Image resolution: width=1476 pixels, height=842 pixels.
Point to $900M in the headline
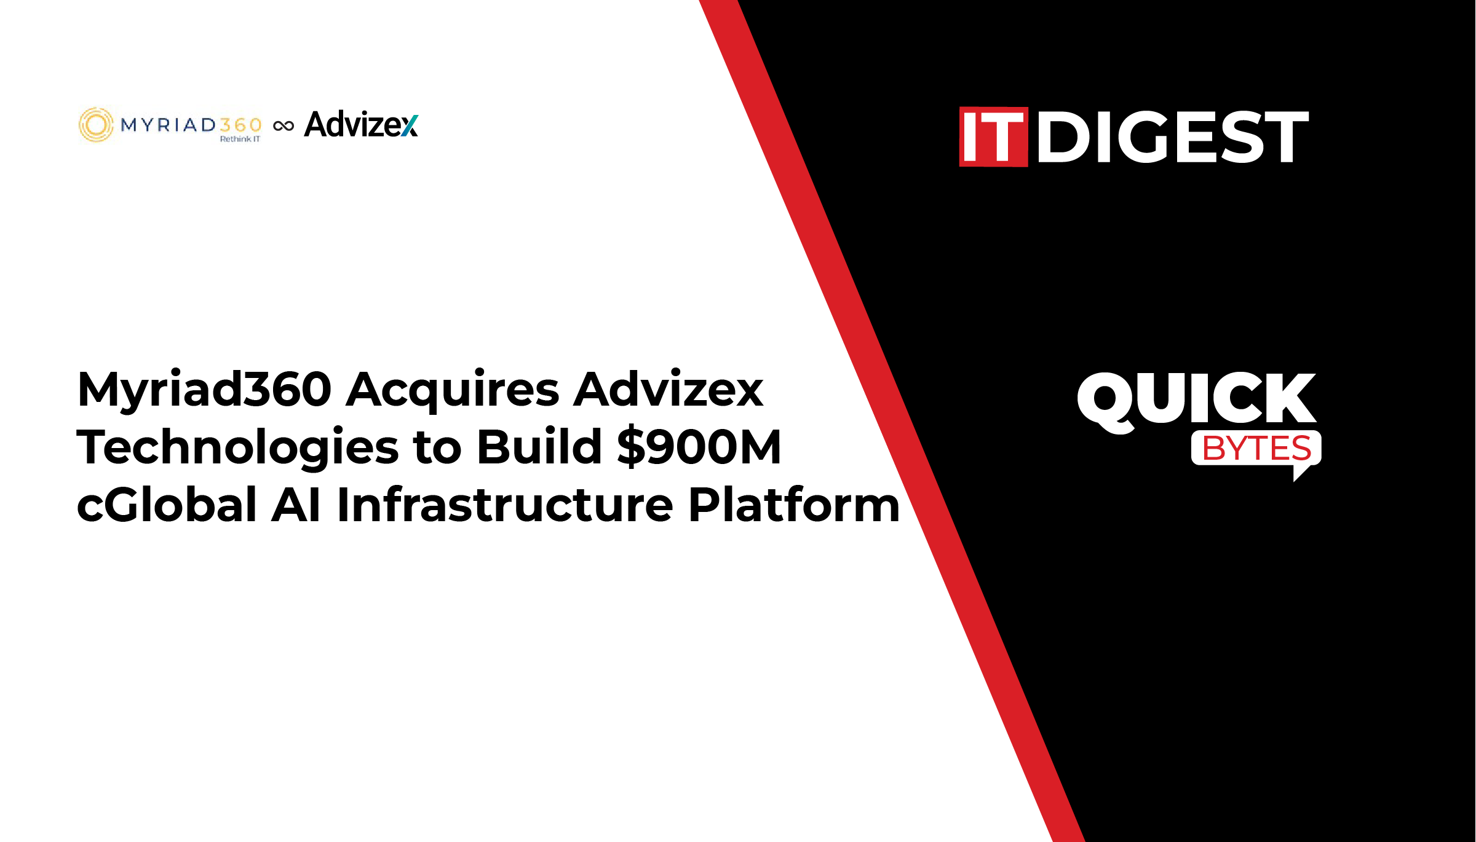tap(700, 447)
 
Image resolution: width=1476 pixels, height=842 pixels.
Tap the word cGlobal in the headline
tap(167, 504)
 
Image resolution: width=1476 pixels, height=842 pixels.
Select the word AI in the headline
tap(296, 505)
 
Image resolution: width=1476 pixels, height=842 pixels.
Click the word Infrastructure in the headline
tap(505, 504)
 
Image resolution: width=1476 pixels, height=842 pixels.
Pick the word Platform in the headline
tap(794, 504)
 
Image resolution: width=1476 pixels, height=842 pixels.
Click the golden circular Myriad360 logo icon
tap(96, 125)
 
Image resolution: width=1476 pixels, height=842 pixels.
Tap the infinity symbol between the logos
tap(284, 126)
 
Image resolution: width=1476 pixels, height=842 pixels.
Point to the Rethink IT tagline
tap(240, 139)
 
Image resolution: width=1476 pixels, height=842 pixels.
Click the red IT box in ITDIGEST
tap(993, 136)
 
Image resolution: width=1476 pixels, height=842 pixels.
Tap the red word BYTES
tap(1256, 448)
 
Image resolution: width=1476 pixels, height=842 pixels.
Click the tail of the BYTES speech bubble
tap(1301, 473)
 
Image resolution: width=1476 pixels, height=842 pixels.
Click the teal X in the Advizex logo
tap(410, 125)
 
